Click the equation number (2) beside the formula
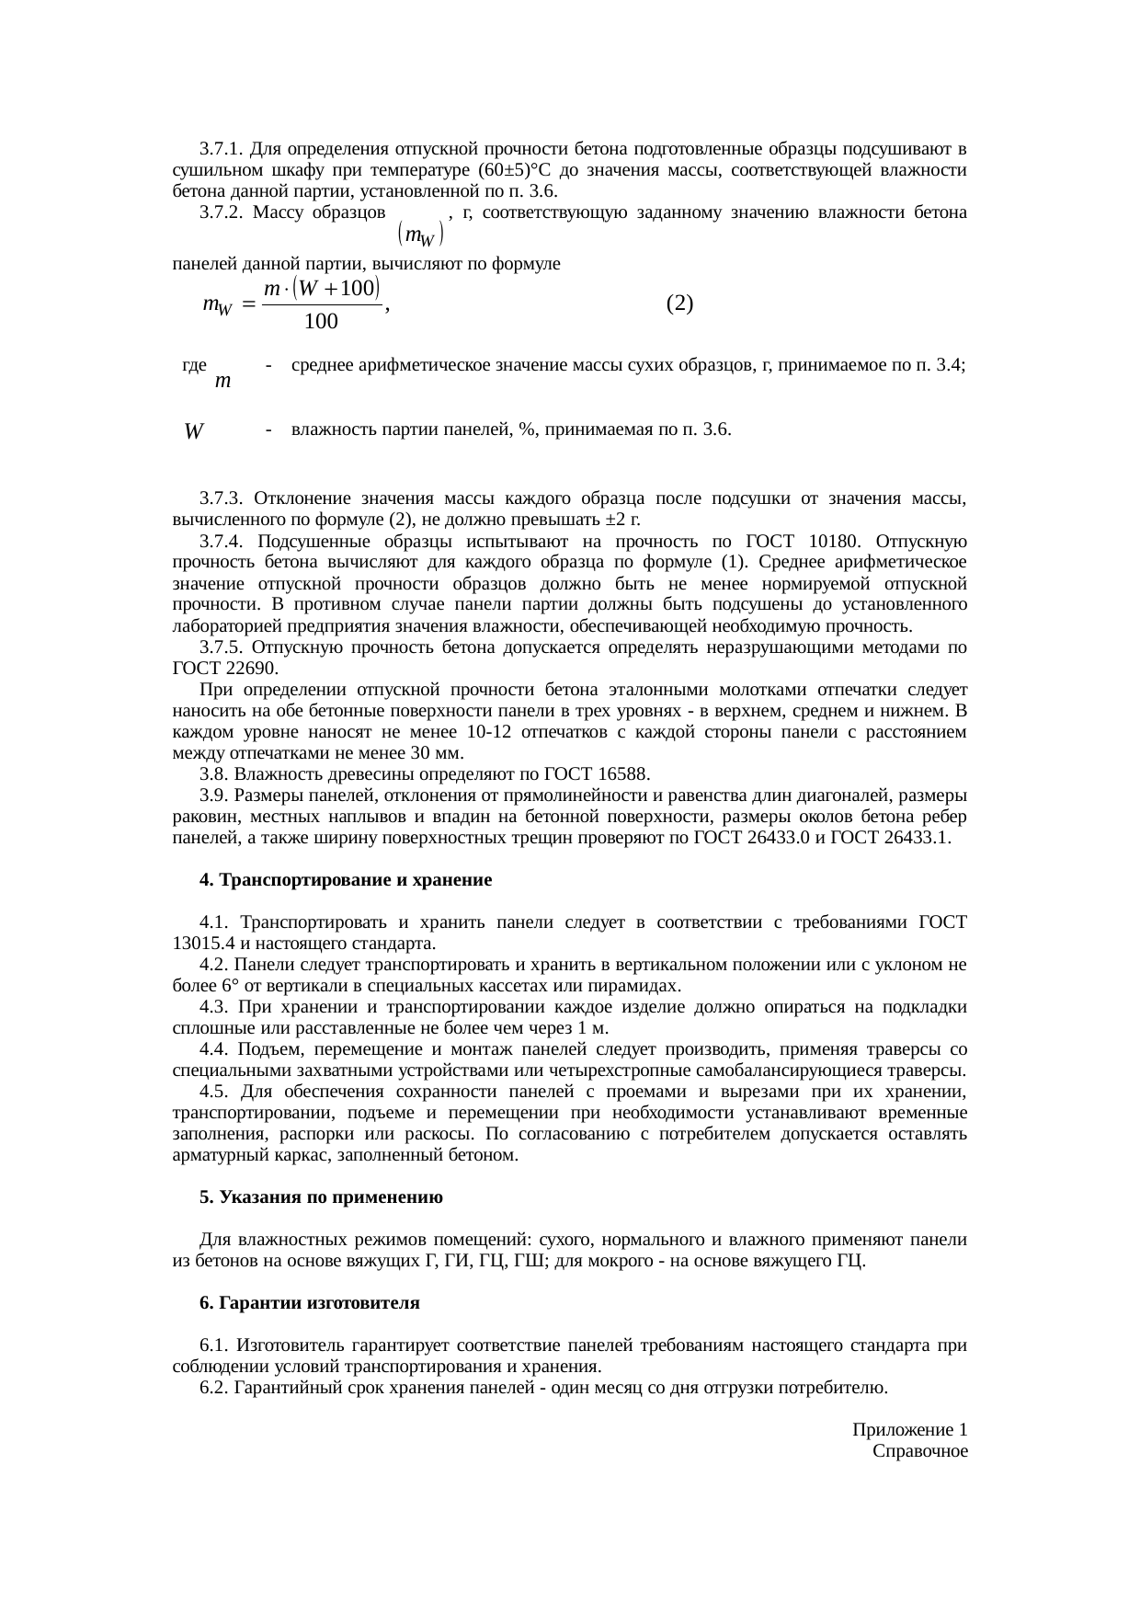679,303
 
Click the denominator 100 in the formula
321,322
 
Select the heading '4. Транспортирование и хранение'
346,880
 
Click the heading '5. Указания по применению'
321,1197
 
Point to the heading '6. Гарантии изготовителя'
309,1303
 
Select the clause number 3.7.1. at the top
221,149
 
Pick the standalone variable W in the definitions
193,430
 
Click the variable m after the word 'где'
222,380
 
